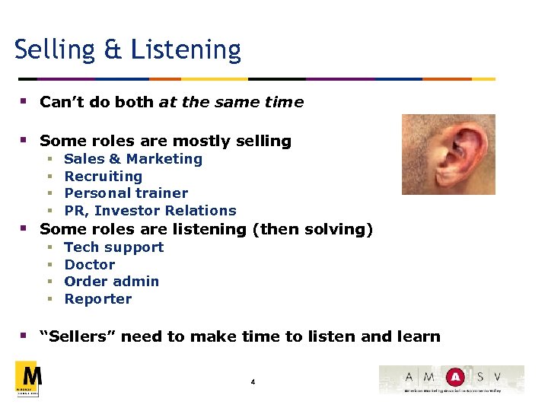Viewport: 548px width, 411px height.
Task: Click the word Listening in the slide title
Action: click(186, 50)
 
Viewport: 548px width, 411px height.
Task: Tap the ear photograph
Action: click(448, 154)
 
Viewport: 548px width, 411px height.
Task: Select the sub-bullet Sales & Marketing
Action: click(133, 159)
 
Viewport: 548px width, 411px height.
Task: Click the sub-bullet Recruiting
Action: click(104, 177)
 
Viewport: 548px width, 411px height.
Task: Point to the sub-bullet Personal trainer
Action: click(126, 193)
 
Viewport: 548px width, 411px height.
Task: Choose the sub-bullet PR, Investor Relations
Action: click(150, 211)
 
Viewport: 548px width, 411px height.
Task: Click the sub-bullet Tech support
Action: click(114, 247)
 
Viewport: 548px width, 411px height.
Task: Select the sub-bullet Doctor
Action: click(90, 265)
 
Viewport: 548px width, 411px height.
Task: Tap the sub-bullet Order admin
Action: click(112, 282)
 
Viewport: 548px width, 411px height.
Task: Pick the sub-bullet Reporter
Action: click(98, 299)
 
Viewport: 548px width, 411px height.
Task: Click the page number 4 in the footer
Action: click(253, 381)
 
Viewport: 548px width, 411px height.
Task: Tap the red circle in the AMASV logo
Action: click(454, 377)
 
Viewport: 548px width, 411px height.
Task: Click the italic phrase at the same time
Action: click(231, 102)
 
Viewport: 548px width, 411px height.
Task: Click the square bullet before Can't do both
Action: click(24, 101)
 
